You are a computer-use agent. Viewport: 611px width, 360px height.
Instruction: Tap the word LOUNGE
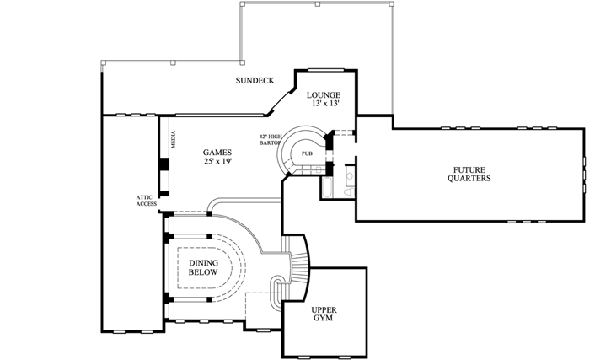323,94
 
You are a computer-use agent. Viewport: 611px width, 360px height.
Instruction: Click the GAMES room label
217,152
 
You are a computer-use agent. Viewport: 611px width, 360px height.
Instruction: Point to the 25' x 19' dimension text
217,161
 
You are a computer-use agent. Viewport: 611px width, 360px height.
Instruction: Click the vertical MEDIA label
173,139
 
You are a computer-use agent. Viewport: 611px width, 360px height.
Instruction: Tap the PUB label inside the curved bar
307,154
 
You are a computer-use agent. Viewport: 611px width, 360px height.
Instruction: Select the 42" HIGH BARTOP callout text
270,140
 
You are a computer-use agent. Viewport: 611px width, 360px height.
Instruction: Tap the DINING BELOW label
203,268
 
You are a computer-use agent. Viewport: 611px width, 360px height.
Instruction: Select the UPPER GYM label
324,314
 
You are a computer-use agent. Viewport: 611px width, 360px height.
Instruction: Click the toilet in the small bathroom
348,192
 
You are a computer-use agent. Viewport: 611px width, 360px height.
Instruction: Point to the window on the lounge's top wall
323,70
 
